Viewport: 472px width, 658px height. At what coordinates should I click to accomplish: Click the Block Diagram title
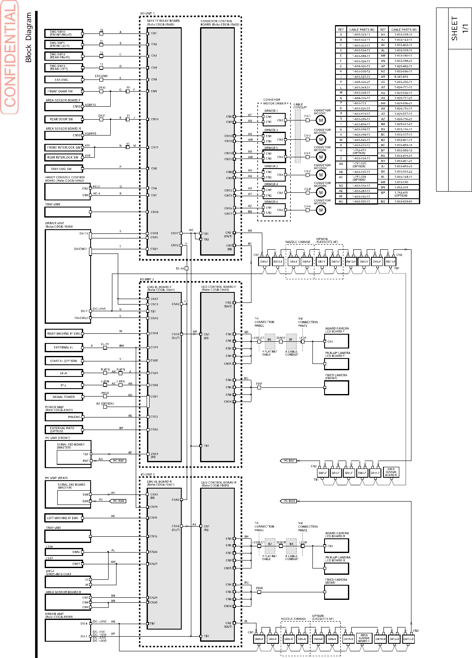(x=28, y=38)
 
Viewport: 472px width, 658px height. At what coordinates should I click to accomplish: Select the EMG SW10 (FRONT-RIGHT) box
(x=63, y=33)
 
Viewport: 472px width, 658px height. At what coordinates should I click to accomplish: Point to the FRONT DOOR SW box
(x=63, y=91)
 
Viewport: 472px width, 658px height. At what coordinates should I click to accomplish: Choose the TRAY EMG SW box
(x=63, y=169)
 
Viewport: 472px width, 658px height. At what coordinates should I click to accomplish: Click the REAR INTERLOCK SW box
(x=63, y=157)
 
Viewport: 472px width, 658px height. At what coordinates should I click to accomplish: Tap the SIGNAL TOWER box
(x=63, y=397)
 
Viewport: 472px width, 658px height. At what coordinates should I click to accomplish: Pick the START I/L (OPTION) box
(x=63, y=361)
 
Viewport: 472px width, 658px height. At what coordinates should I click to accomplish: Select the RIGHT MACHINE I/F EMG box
(x=63, y=333)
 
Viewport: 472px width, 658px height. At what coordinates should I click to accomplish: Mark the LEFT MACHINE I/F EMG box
(x=63, y=518)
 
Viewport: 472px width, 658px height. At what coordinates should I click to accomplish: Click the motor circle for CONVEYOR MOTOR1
(x=320, y=120)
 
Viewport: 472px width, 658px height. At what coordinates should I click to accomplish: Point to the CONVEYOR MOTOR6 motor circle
(x=320, y=210)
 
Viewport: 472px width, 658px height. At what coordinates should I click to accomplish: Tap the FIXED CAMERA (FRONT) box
(x=336, y=387)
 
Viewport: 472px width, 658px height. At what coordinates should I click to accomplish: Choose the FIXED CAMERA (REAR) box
(x=336, y=592)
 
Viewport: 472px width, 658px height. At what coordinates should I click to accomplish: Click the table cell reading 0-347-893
(x=403, y=77)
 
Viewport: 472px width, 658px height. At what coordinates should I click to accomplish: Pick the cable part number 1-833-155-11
(x=362, y=202)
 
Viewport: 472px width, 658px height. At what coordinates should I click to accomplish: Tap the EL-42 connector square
(x=186, y=268)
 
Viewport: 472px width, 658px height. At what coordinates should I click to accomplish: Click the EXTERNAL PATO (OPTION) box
(x=63, y=430)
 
